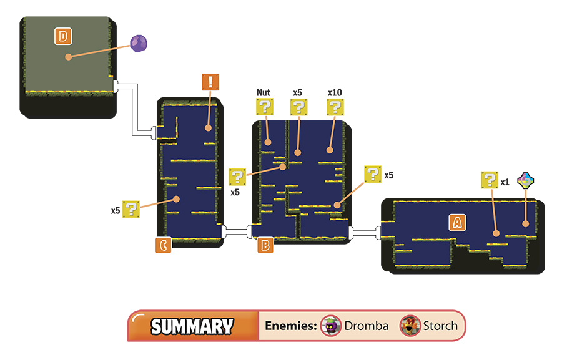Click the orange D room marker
[x=63, y=36]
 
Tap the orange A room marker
[x=457, y=223]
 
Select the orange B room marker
[x=265, y=245]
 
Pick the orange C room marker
[x=164, y=245]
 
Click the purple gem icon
[x=139, y=43]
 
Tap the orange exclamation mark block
[x=210, y=82]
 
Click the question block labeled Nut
[x=265, y=107]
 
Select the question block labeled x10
[x=335, y=107]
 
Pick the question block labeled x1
[x=490, y=180]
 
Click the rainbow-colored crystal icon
[x=525, y=180]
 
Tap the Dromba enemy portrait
[x=330, y=326]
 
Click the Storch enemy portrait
[x=410, y=326]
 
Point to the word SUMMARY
[x=192, y=326]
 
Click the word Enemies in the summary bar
[x=291, y=326]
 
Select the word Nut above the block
[x=264, y=92]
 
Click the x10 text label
[x=335, y=92]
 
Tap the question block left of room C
[x=131, y=209]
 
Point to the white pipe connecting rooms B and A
[x=365, y=233]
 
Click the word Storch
[x=440, y=326]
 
